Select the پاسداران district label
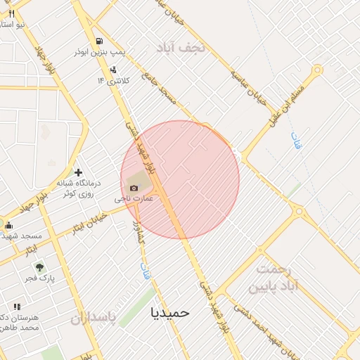point(92,319)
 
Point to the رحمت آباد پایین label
point(274,278)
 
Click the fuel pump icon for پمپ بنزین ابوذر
point(100,41)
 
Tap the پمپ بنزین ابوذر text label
point(101,53)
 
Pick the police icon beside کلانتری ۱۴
point(113,69)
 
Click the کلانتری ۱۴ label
point(111,80)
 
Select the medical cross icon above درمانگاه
point(77,172)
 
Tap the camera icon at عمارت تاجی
point(134,187)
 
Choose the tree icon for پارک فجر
point(39,267)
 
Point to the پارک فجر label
point(40,279)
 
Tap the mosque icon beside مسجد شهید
point(8,225)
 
